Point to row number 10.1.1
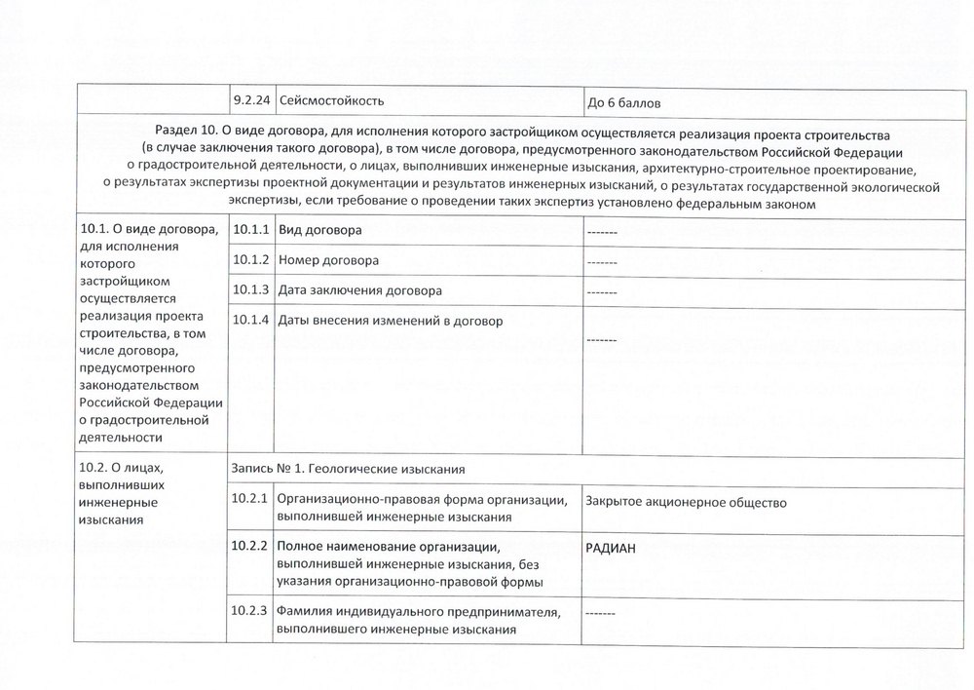click(250, 231)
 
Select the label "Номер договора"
click(328, 261)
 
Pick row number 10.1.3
click(250, 291)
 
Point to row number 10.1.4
click(250, 322)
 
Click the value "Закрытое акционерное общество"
click(687, 502)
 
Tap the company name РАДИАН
click(611, 549)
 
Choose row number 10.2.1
click(250, 500)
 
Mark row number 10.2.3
click(250, 613)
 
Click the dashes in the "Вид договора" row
click(602, 232)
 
